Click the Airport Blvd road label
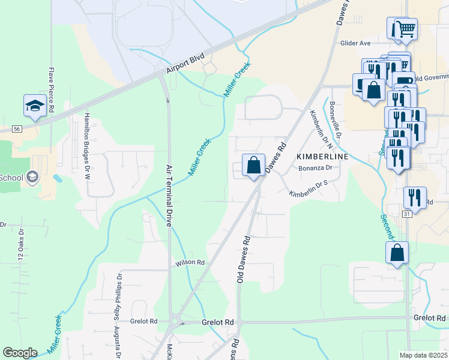coord(185,64)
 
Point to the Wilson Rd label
coord(190,263)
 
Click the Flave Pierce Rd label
coord(52,90)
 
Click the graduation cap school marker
coord(35,106)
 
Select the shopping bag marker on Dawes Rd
coord(253,165)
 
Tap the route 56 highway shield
coord(17,129)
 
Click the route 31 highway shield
coord(407,214)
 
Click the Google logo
coord(20,353)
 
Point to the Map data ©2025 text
coord(423,355)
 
